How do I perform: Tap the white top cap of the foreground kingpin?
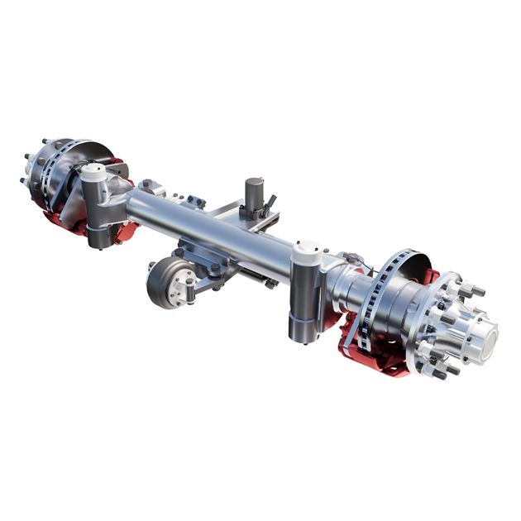pos(307,248)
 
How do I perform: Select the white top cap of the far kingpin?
pos(93,171)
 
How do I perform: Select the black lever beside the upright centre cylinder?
pos(270,203)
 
